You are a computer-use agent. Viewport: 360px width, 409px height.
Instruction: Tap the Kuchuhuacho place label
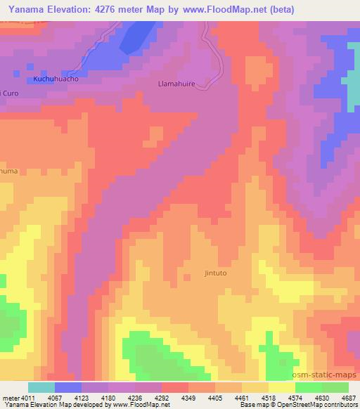coord(55,79)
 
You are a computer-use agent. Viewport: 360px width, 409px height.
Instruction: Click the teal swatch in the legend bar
coord(41,387)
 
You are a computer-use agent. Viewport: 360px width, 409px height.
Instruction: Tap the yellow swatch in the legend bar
coord(281,387)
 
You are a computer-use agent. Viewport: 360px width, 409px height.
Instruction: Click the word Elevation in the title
coord(66,9)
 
